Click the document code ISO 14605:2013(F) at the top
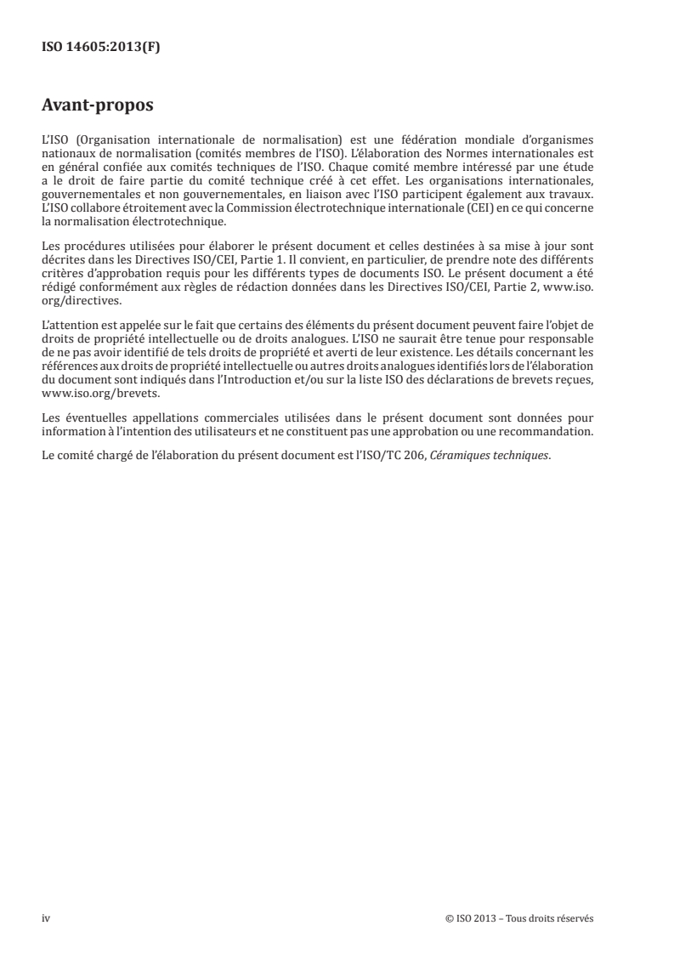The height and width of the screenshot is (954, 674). [101, 48]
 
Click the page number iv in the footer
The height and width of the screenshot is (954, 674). [46, 919]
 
